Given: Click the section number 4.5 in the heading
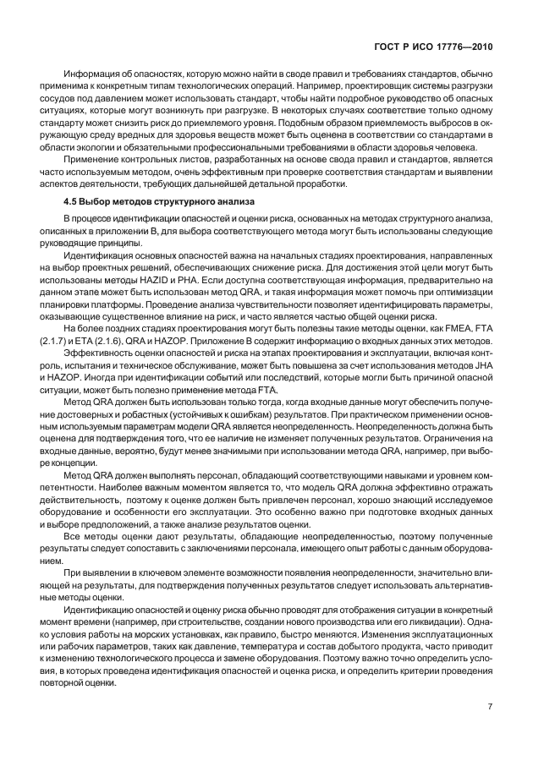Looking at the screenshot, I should (72, 200).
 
